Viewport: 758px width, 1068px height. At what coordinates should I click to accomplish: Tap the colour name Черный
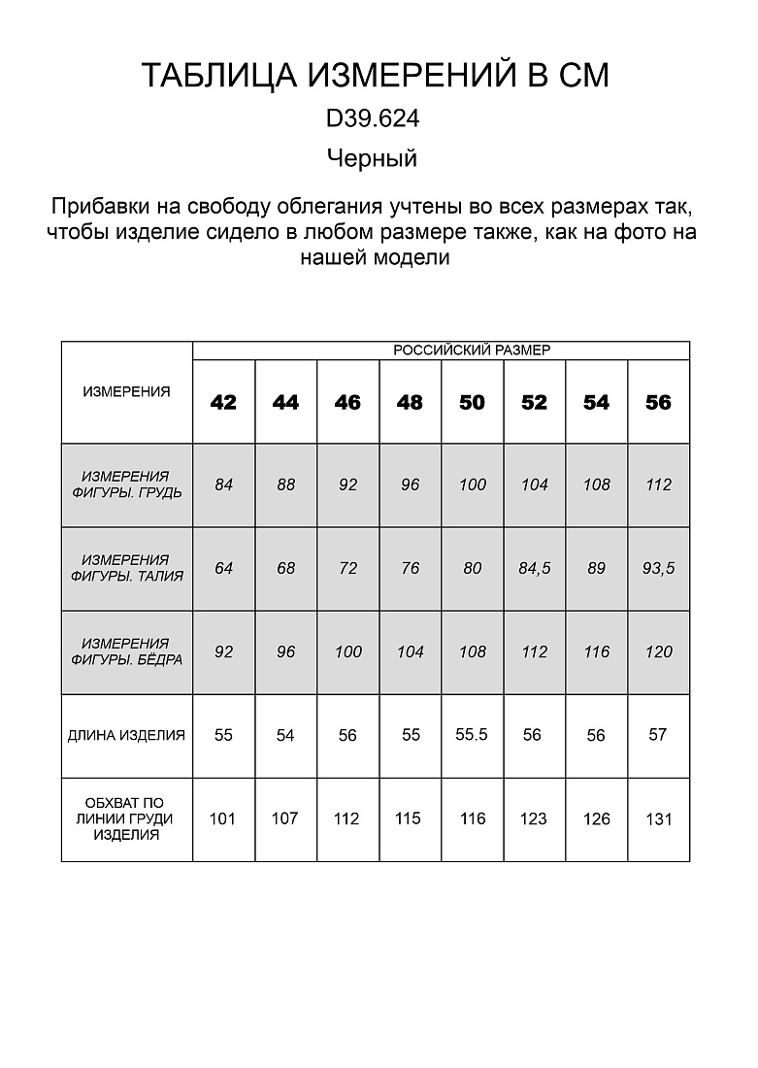372,158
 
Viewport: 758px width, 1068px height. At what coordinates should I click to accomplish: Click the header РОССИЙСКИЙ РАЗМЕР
472,350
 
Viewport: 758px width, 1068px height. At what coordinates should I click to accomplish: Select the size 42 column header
223,402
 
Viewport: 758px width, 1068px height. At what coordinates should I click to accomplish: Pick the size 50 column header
472,402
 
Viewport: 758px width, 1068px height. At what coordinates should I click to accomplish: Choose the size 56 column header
658,402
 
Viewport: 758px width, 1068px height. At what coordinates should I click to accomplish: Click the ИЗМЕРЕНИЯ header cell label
126,392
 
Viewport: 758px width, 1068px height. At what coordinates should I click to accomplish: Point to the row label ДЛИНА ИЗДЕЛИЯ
126,735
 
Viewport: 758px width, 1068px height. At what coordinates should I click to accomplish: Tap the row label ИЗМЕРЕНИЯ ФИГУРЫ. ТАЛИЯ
126,568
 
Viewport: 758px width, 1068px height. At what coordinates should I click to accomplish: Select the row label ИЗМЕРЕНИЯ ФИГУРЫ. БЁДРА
126,651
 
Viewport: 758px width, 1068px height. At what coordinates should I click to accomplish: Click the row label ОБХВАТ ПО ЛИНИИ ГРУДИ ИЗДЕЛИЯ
126,818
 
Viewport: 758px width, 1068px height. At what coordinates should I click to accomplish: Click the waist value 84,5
534,569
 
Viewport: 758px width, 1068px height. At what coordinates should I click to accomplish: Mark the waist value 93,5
658,569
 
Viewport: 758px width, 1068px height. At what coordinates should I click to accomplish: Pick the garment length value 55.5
471,735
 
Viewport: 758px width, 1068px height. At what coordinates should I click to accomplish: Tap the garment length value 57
658,735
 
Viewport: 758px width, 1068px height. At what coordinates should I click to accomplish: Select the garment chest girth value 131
658,819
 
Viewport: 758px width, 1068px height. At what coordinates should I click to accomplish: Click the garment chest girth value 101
223,818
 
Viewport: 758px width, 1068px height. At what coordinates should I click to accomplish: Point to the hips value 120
658,652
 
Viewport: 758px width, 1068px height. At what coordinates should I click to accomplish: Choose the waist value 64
223,569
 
